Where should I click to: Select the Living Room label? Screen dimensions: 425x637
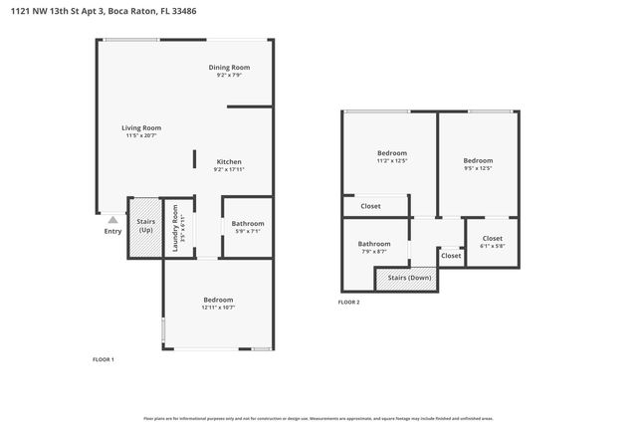pos(141,127)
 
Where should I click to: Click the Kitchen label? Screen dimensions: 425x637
pos(229,161)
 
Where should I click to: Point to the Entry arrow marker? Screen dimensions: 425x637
pos(112,220)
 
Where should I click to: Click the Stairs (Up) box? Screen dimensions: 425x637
pos(145,227)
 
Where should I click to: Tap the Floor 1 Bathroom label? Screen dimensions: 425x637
pos(248,224)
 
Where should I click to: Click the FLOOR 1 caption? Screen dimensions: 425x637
pos(104,358)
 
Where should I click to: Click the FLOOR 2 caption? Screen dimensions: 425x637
pos(348,302)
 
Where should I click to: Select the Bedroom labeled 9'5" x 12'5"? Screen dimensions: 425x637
pos(478,160)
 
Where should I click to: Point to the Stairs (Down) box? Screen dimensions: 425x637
pos(409,278)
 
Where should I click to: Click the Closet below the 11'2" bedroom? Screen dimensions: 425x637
pos(370,206)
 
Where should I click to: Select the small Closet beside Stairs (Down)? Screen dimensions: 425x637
pos(451,256)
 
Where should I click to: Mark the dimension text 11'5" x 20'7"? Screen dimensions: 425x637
pos(141,135)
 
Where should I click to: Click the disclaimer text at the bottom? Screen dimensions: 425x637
pos(318,419)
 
